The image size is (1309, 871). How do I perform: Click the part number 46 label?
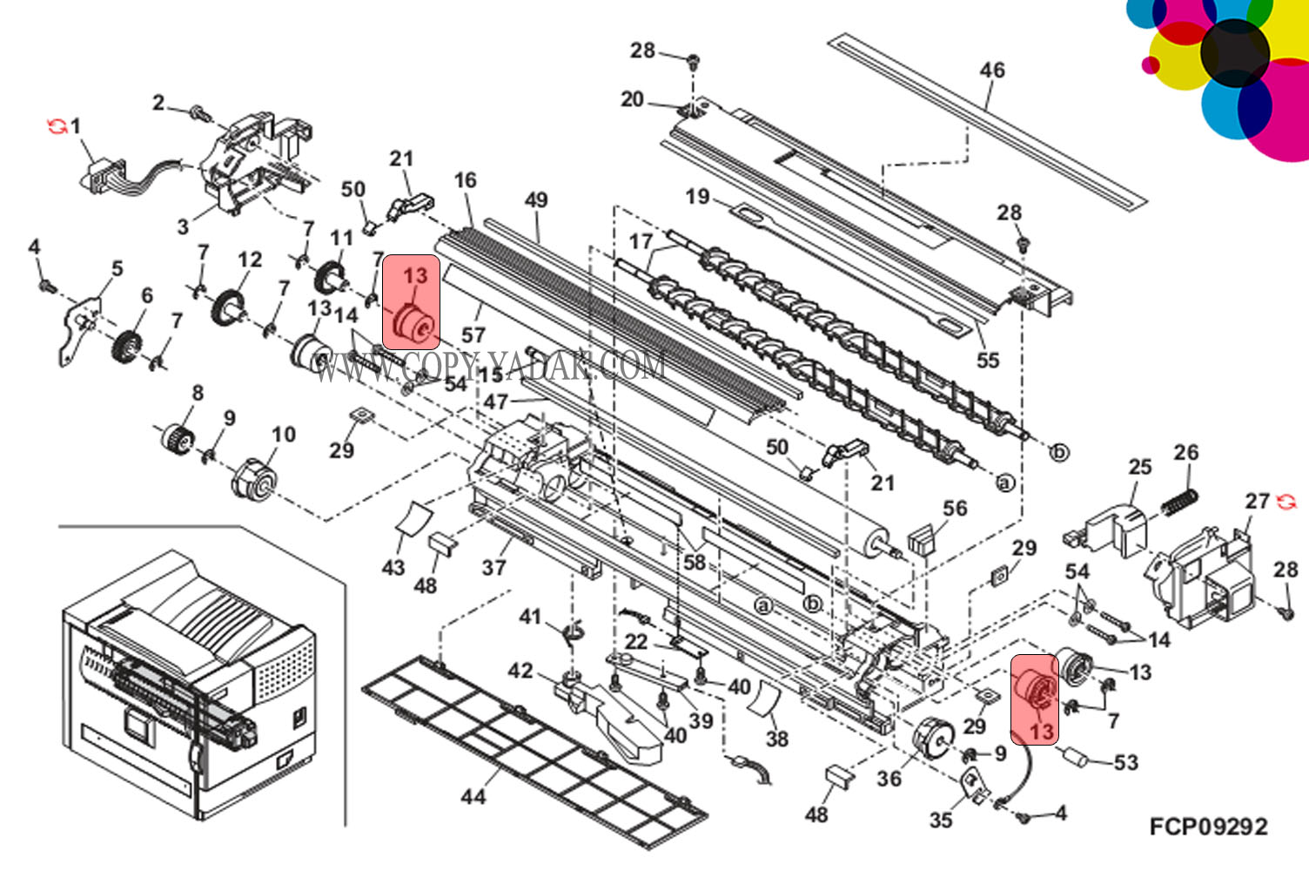(x=992, y=70)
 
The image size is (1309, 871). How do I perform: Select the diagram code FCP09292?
(x=1208, y=827)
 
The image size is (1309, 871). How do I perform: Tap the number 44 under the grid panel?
(x=473, y=796)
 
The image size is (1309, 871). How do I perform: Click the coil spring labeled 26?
(x=1180, y=502)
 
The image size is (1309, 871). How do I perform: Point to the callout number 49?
(x=536, y=199)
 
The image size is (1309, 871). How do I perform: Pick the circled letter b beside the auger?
(x=1059, y=452)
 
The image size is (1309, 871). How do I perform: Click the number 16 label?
(x=466, y=180)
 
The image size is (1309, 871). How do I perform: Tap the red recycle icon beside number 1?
(x=56, y=127)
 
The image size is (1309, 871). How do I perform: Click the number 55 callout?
(x=988, y=360)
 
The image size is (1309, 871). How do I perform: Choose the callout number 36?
(x=889, y=778)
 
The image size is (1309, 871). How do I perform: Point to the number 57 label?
(x=473, y=334)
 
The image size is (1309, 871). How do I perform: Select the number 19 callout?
(x=698, y=196)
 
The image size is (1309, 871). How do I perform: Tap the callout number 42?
(x=520, y=671)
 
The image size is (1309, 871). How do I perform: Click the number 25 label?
(x=1140, y=467)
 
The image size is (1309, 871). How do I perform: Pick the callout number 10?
(x=284, y=434)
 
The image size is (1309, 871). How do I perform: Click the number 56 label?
(x=955, y=508)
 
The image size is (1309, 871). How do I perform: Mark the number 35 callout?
(x=941, y=820)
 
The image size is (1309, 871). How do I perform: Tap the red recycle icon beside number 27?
(x=1286, y=502)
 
